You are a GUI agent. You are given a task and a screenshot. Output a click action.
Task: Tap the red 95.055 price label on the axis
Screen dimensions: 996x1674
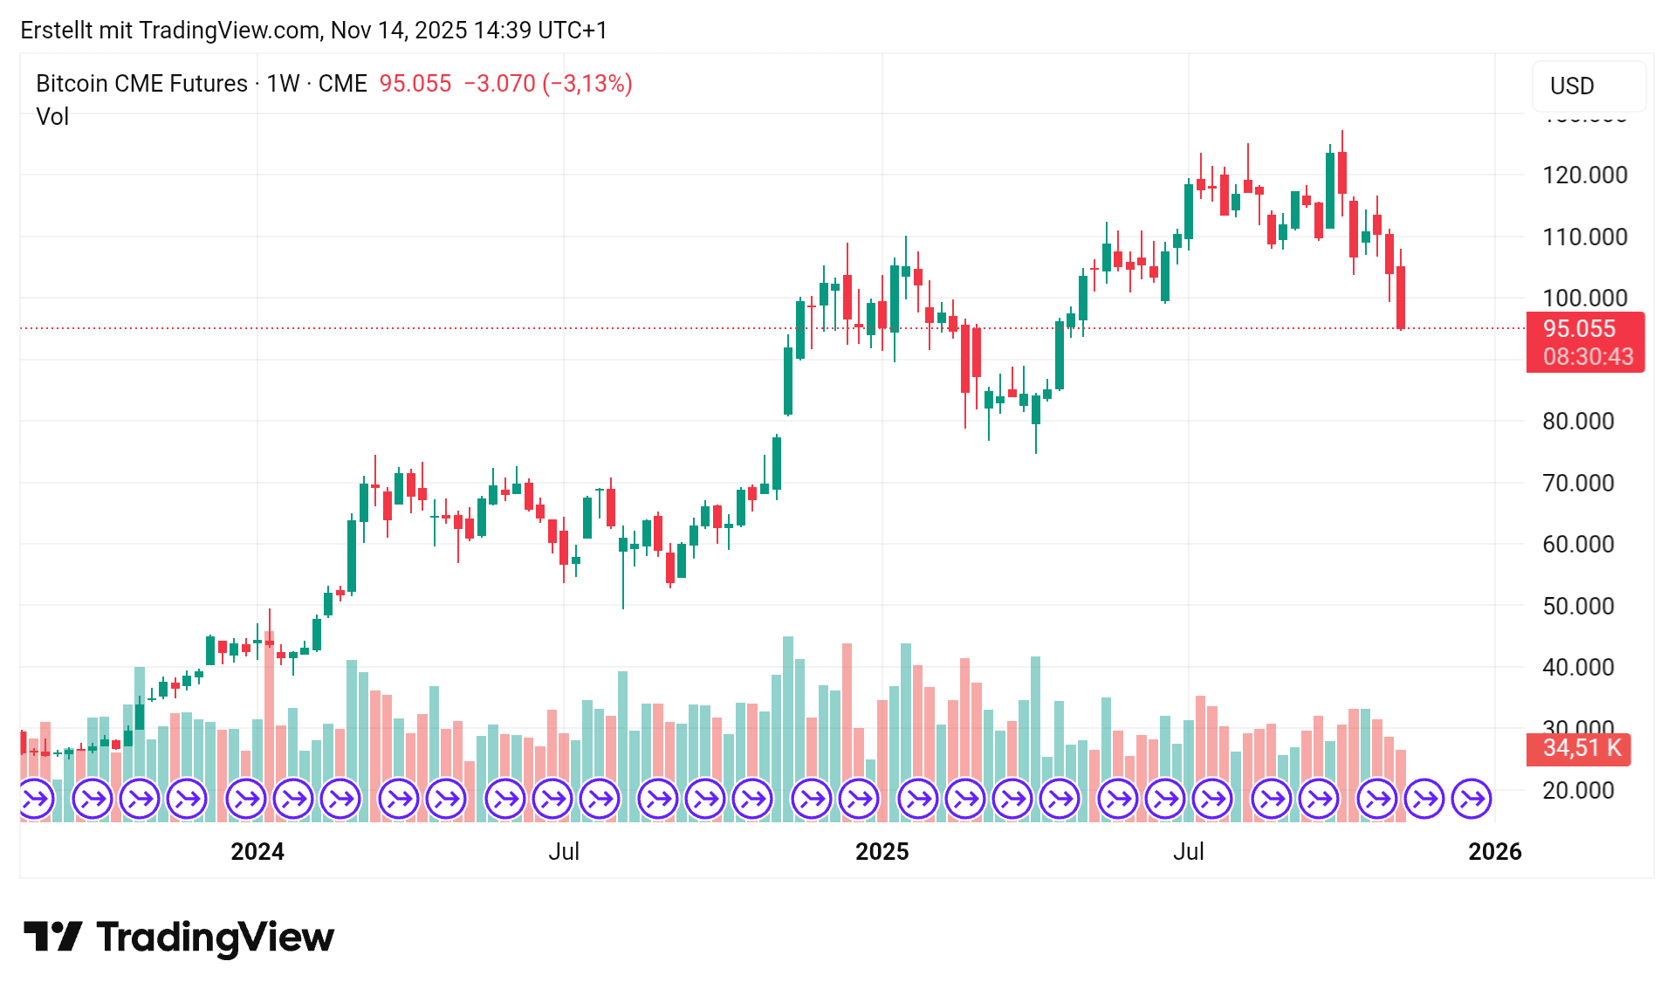coord(1579,329)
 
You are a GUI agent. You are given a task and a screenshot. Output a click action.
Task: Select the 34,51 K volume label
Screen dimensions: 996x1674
coord(1581,748)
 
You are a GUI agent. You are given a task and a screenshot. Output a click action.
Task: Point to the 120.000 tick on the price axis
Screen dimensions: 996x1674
coord(1584,175)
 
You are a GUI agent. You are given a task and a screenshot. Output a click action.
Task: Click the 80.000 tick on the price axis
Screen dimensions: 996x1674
coord(1577,421)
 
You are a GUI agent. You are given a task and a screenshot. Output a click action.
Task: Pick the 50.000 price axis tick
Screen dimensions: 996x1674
coord(1577,606)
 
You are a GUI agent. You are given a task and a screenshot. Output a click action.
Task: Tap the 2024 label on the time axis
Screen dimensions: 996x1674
coord(257,851)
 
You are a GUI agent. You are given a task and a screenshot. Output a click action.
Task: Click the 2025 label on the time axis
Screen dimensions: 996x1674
coord(882,851)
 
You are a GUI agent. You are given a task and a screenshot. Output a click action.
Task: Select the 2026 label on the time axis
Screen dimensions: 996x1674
coord(1494,851)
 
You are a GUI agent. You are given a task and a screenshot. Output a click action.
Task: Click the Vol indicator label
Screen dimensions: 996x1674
coord(52,116)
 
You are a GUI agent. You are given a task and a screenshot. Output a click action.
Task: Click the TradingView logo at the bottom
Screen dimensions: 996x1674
coord(179,937)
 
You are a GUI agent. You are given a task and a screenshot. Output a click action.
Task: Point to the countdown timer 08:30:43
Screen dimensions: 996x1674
coord(1588,356)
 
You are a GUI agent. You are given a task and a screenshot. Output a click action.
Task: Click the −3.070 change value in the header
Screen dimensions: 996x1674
coord(499,84)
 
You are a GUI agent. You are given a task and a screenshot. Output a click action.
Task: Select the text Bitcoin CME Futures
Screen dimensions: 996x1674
coord(141,84)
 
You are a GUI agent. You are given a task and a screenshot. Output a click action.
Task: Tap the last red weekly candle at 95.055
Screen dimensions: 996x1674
coord(1401,297)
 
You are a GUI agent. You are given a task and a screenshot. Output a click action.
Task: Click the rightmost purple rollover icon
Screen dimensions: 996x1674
coord(1472,799)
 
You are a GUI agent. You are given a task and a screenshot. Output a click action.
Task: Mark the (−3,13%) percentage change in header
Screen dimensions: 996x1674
coord(587,84)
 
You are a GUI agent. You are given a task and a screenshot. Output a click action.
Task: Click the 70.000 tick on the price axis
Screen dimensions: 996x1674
coord(1577,483)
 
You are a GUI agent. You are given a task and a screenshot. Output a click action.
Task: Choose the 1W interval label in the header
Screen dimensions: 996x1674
coord(283,84)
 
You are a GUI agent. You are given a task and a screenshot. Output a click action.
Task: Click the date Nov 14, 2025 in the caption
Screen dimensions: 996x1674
coord(399,31)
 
